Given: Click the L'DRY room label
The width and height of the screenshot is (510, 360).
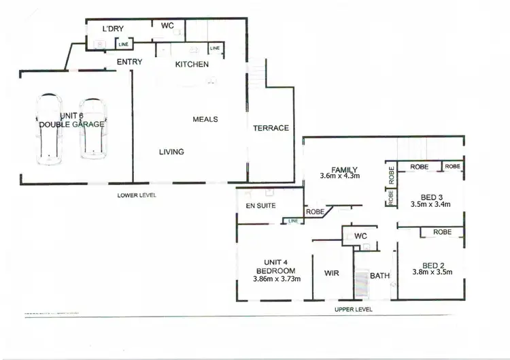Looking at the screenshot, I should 112,29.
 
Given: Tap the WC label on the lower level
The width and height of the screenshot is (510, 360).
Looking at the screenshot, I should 168,26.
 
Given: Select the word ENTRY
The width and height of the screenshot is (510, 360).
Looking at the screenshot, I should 129,63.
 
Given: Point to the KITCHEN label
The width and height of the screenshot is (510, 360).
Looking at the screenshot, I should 192,65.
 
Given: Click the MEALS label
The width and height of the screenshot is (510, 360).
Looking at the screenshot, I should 205,119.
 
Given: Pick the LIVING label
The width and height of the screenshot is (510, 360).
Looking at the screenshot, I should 171,152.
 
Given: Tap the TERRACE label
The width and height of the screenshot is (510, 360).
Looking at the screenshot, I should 271,128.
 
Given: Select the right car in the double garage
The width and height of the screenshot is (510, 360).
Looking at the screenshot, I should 92,129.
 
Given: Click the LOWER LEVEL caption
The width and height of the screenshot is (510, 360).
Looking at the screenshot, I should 137,195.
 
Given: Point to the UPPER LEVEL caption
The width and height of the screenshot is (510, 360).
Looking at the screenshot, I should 354,309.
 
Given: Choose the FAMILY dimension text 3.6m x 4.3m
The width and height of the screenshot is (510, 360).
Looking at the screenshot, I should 339,176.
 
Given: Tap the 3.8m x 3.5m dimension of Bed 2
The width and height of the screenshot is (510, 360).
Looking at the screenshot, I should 432,273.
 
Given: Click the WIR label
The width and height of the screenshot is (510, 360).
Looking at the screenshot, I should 332,273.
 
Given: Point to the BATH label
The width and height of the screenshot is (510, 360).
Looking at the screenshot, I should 379,276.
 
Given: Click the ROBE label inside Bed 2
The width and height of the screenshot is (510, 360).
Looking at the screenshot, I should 442,232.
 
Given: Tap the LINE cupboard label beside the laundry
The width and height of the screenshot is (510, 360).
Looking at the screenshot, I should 123,44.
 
